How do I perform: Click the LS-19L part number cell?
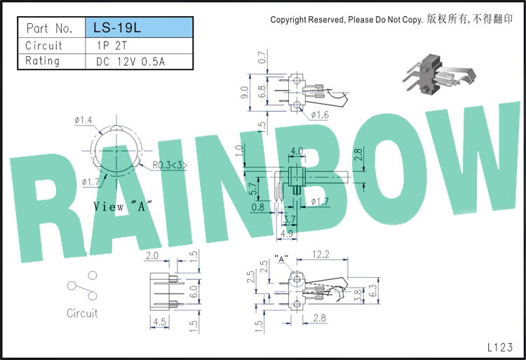click(x=139, y=27)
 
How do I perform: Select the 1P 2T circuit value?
click(x=112, y=46)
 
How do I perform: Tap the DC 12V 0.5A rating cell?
click(x=130, y=62)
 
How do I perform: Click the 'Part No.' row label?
click(x=50, y=28)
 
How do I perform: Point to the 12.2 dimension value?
click(x=321, y=254)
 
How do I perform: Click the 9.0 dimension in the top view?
click(x=245, y=92)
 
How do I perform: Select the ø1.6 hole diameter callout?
click(x=320, y=115)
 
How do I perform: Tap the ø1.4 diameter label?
click(x=83, y=120)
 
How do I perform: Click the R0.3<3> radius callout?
click(x=170, y=165)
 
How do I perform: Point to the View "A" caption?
click(x=123, y=206)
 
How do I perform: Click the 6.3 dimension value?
click(x=373, y=291)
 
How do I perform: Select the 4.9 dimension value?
click(x=286, y=233)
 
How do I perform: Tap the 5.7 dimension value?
click(x=253, y=189)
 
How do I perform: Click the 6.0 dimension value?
click(x=194, y=291)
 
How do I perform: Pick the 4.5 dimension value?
click(x=160, y=322)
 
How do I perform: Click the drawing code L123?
click(x=500, y=347)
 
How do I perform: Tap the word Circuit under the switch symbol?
click(x=82, y=313)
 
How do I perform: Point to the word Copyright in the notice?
click(x=288, y=20)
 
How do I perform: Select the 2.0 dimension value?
click(x=152, y=255)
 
